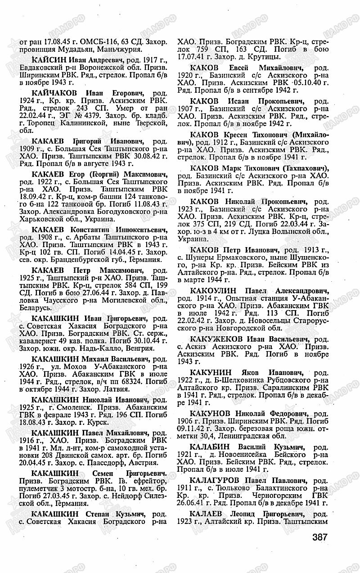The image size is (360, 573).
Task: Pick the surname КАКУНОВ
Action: coord(211,413)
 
